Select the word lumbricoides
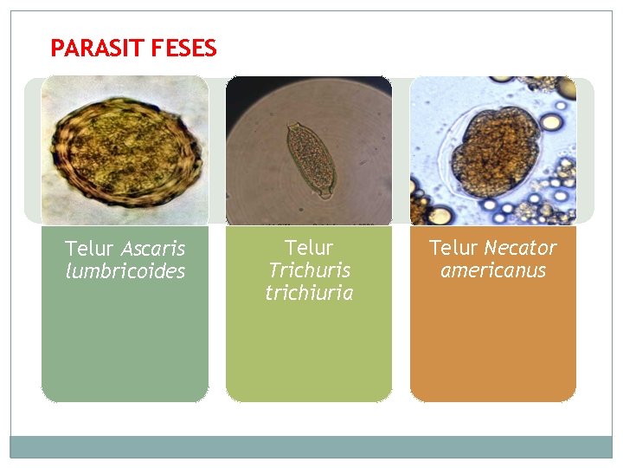(x=125, y=271)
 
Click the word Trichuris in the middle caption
(x=309, y=270)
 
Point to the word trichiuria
(x=309, y=293)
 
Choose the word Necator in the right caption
(x=520, y=248)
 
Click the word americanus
(x=492, y=270)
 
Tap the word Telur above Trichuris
(x=309, y=249)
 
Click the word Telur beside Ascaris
(x=89, y=249)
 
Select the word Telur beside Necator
(x=453, y=248)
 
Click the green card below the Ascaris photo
(x=125, y=347)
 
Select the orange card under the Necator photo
(x=492, y=347)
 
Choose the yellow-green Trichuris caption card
(x=309, y=355)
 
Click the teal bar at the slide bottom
(x=311, y=446)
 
